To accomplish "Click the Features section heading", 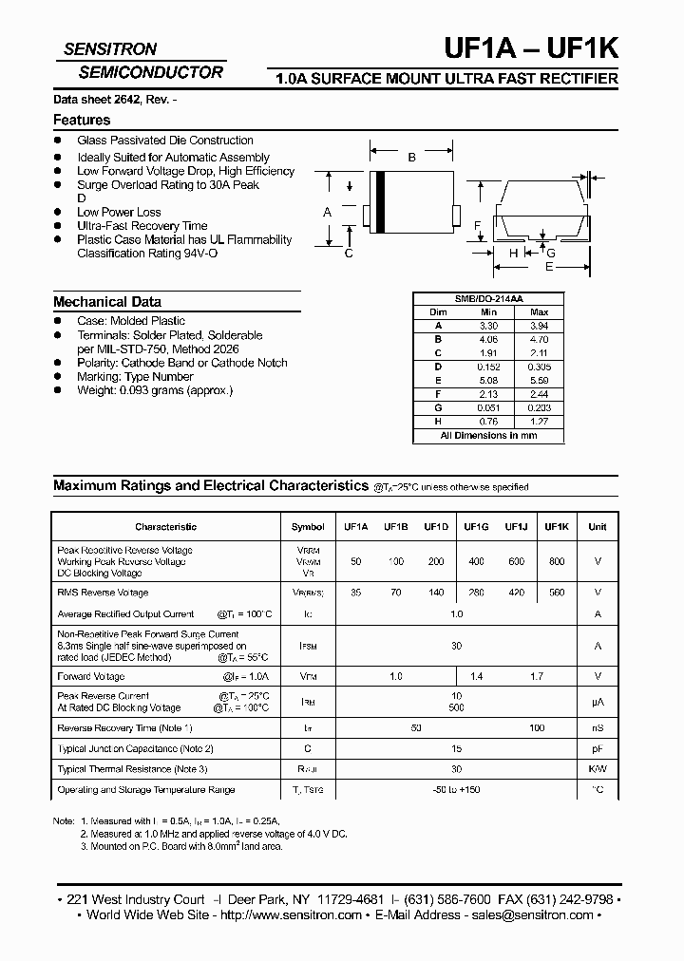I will (x=82, y=120).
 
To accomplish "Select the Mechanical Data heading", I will (x=107, y=301).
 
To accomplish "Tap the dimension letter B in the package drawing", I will (x=411, y=158).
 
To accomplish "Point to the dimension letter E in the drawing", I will (x=548, y=268).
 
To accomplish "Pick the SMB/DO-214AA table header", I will (x=488, y=298).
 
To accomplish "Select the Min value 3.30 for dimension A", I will (x=488, y=325).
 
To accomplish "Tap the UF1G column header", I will (x=476, y=526).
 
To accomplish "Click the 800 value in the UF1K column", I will (x=557, y=561).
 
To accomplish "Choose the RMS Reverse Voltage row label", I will (x=104, y=593).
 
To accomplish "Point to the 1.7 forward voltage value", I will (x=537, y=676).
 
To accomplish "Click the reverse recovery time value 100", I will (x=537, y=727).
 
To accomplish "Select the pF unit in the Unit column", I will (x=598, y=749).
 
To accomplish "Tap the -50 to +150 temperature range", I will (x=456, y=790).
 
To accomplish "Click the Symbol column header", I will (x=308, y=526).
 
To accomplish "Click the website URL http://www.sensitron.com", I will (x=291, y=915).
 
